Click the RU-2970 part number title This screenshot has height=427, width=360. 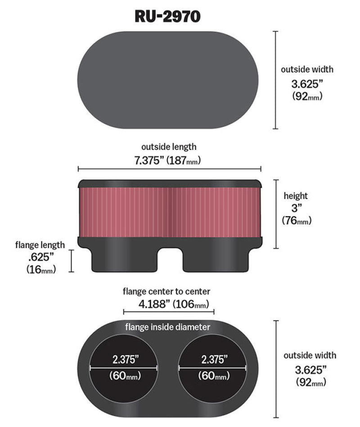[168, 16]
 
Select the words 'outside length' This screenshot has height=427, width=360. [169, 147]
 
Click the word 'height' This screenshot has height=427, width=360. [296, 196]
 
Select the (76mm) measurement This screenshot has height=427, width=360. [297, 220]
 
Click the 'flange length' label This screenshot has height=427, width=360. [40, 245]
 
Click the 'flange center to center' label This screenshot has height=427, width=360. [166, 292]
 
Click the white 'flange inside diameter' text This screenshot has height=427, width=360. [167, 327]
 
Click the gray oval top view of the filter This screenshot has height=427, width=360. [168, 80]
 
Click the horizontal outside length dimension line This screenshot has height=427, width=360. [169, 169]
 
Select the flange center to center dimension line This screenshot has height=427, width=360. [169, 311]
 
